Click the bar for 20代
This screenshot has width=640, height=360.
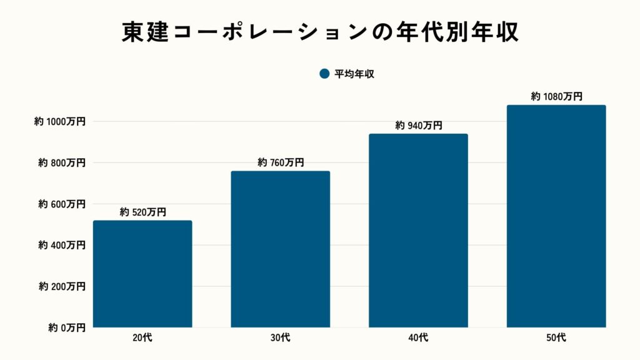[x=142, y=274]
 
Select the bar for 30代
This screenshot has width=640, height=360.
[x=281, y=249]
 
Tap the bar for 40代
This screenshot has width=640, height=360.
[x=418, y=230]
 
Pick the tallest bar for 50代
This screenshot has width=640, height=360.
[x=556, y=216]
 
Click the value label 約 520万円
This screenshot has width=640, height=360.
[x=142, y=212]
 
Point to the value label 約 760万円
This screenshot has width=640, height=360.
[x=281, y=162]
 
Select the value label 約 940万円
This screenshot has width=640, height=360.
[x=418, y=126]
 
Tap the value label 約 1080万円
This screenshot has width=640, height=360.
[x=556, y=96]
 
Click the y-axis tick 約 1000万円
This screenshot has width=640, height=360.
[x=59, y=122]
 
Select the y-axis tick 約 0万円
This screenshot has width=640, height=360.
[x=64, y=327]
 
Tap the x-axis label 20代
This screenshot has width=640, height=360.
[x=142, y=338]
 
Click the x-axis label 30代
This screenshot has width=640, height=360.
[x=281, y=338]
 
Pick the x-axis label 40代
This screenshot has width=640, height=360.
[x=418, y=338]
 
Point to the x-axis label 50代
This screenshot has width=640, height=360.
[x=556, y=338]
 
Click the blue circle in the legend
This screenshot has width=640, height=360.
[x=324, y=74]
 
